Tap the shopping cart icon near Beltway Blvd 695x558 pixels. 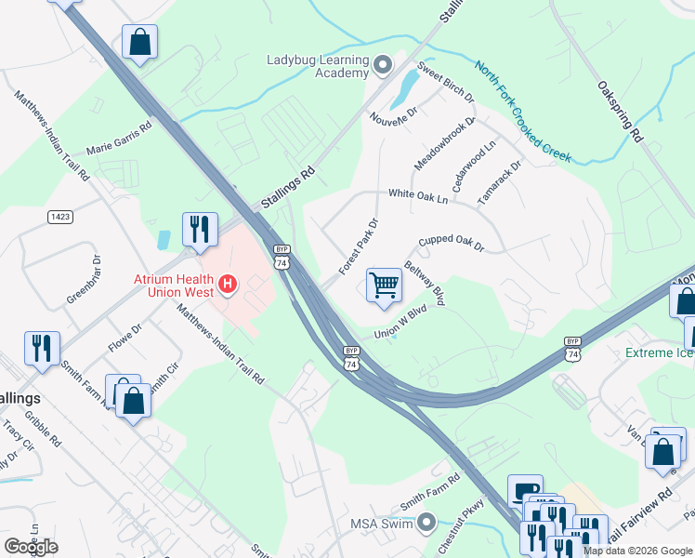coord(384,285)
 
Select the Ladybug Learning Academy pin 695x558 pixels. coord(383,64)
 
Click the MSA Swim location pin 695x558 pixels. coord(426,523)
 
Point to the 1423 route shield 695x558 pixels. coord(60,217)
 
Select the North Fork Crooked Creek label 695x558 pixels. coord(523,112)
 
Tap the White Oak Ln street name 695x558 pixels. coord(418,196)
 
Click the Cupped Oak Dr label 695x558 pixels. coord(452,244)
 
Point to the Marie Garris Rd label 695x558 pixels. coord(118,140)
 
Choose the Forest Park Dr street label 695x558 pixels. coord(359,246)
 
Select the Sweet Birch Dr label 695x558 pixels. coord(445,83)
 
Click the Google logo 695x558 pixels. coord(31,546)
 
